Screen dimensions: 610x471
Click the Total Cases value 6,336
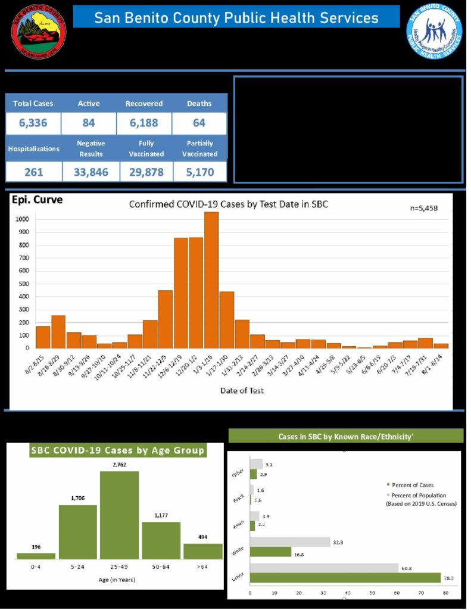[34, 124]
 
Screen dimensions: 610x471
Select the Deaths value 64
[199, 124]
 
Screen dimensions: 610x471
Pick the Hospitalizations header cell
[33, 149]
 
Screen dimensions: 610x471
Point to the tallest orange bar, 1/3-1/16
[211, 280]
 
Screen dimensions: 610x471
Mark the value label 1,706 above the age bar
[77, 499]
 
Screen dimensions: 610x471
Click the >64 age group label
[202, 568]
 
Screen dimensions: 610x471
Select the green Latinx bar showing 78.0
[345, 577]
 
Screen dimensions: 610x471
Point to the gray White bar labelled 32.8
[290, 541]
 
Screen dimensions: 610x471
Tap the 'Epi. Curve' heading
[37, 200]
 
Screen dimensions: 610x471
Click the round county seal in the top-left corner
[39, 31]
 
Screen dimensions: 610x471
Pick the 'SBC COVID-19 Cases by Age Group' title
[117, 450]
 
